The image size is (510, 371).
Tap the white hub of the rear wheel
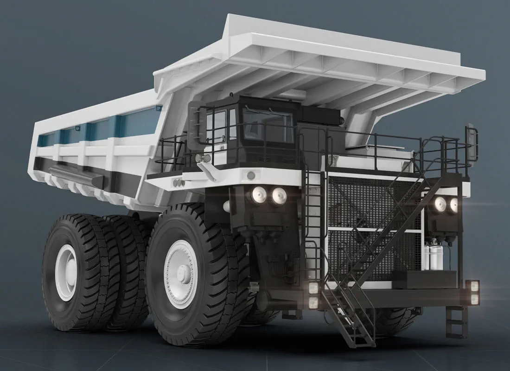click(x=66, y=272)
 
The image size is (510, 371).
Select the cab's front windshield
click(x=268, y=126)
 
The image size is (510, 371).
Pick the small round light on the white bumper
click(x=251, y=175)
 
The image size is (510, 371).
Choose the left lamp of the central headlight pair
click(x=259, y=195)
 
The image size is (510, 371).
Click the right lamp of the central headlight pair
click(x=278, y=196)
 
